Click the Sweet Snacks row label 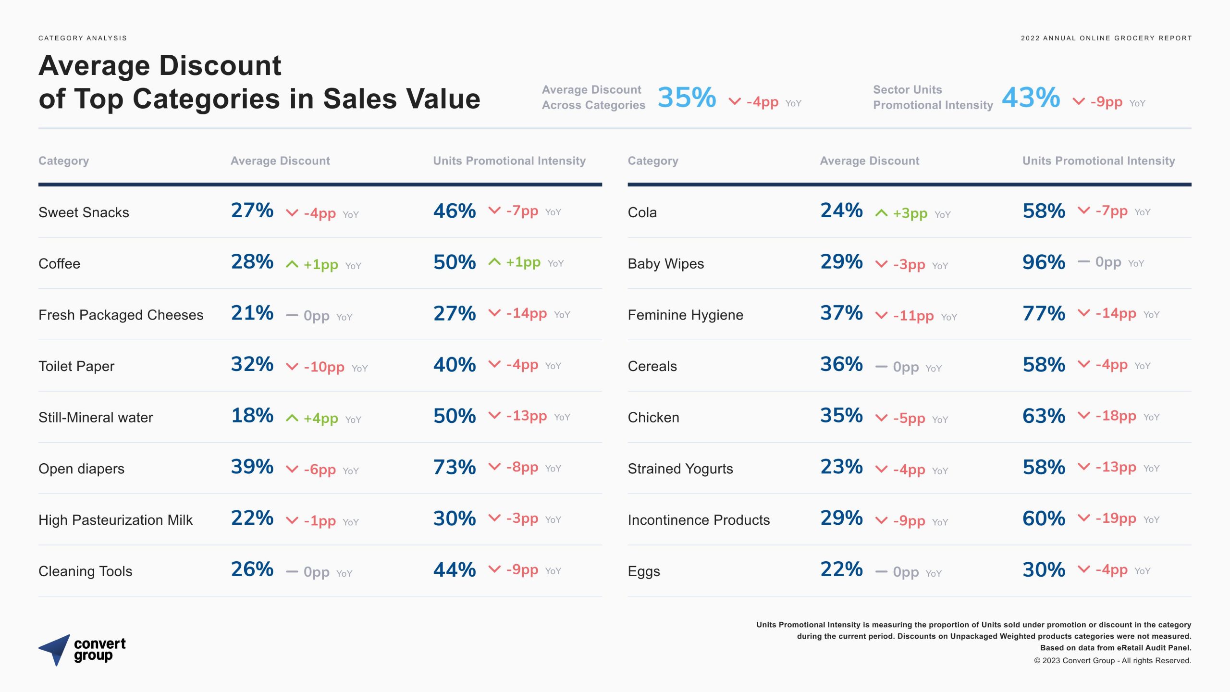[84, 212]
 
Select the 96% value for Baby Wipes [1044, 262]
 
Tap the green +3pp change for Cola [910, 213]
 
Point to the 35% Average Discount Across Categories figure [687, 98]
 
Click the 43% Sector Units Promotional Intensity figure [1031, 98]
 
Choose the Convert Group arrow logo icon [55, 649]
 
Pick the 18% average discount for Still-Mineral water [252, 416]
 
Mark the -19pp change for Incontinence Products [1116, 519]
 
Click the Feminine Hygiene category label [685, 315]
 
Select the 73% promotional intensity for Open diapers [454, 467]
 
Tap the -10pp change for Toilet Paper [324, 367]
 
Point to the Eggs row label [644, 571]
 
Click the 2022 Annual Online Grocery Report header [1106, 38]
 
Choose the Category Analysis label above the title [83, 38]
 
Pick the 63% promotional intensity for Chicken [1044, 416]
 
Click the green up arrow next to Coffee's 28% [292, 264]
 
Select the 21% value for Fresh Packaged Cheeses [252, 313]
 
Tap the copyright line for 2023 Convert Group [1112, 661]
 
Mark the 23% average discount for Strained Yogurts [841, 467]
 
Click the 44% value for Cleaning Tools [454, 570]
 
